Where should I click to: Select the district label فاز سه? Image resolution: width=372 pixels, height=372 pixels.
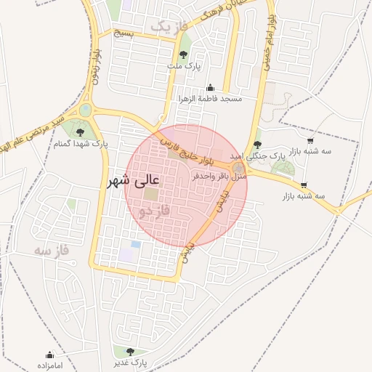[x=51, y=250]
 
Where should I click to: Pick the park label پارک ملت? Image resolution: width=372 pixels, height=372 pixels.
[x=183, y=67]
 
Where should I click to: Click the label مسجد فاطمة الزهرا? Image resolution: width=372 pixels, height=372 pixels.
[x=210, y=98]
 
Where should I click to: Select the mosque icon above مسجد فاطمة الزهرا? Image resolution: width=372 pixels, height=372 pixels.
[x=211, y=87]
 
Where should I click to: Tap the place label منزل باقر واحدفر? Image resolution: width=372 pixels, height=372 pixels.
[x=220, y=176]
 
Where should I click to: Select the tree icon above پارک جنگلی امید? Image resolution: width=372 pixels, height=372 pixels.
[x=258, y=145]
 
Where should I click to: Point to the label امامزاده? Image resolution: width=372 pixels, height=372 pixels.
[x=50, y=365]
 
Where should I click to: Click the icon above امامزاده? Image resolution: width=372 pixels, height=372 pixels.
[x=50, y=355]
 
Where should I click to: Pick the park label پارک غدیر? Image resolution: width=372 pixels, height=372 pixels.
[x=131, y=362]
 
